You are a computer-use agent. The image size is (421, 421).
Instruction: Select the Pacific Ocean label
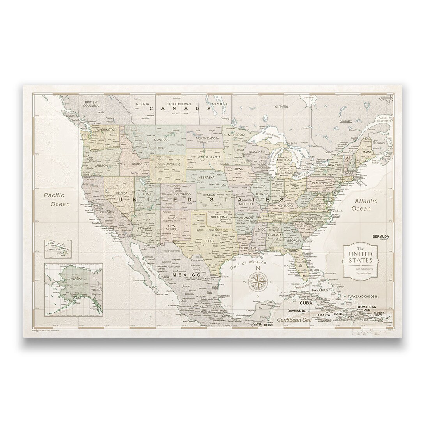tap(57, 199)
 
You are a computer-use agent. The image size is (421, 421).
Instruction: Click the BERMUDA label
tap(381, 236)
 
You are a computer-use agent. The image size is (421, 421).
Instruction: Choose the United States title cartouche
tap(360, 261)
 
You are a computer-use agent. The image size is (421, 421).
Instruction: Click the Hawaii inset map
tap(58, 249)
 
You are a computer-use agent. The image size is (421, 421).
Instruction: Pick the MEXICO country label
tap(186, 275)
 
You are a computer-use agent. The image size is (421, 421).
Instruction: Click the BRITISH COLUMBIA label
tap(90, 104)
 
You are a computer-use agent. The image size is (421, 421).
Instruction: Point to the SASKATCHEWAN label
tap(179, 104)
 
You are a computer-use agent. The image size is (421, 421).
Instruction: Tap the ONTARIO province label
tap(281, 107)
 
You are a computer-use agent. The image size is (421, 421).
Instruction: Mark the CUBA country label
tap(306, 302)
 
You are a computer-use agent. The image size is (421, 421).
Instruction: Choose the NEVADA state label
tap(122, 193)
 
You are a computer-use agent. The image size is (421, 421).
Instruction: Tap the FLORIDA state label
tap(290, 251)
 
